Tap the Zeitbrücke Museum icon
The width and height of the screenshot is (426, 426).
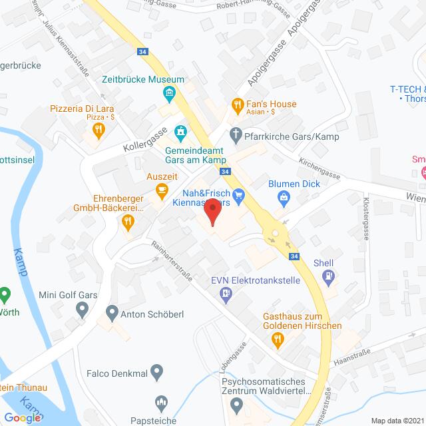tap(170, 92)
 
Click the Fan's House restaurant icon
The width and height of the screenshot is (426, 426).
tap(236, 104)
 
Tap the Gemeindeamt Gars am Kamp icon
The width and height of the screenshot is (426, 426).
tap(178, 131)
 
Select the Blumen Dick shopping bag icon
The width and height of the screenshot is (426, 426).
tap(284, 198)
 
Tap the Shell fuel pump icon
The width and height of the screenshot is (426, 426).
tap(328, 275)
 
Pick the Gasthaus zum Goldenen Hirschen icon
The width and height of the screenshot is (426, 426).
tap(280, 339)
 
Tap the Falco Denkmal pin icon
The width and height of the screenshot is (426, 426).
tap(157, 371)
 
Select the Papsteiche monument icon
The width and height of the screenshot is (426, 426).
tap(160, 401)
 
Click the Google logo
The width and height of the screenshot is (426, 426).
tap(25, 417)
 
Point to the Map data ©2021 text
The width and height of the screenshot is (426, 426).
tap(395, 419)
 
